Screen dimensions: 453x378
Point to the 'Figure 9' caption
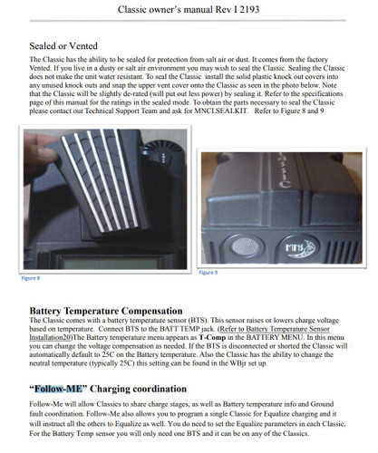pyautogui.click(x=208, y=271)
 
